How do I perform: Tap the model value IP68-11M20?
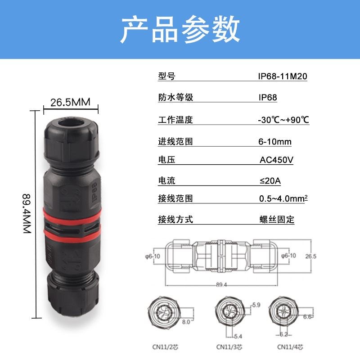[x=282, y=76]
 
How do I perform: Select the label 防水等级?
[x=175, y=98]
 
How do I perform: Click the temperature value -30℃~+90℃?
[x=283, y=120]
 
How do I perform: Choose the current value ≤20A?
[x=270, y=181]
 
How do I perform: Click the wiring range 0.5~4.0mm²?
[x=283, y=198]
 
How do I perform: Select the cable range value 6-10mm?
[x=274, y=142]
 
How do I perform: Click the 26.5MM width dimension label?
[x=70, y=102]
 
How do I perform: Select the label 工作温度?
[x=175, y=120]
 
